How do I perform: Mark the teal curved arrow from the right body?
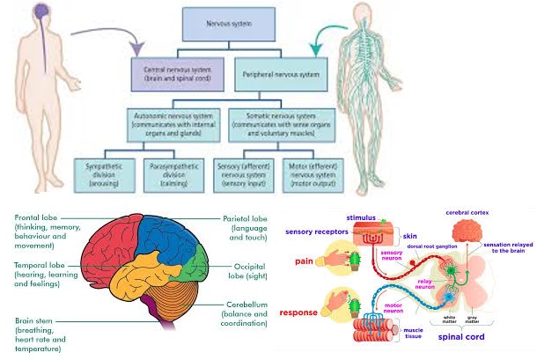tap(326, 35)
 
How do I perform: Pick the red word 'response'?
tap(299, 312)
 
